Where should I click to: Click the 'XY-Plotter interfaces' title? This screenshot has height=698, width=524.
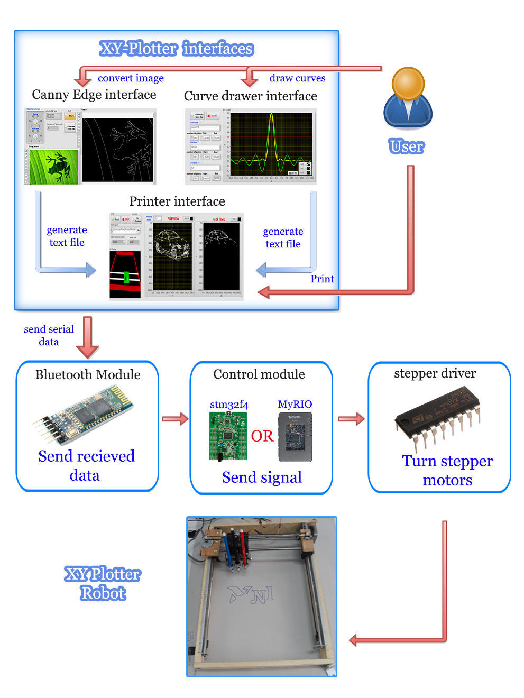(177, 49)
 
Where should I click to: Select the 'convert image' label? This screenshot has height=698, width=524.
(131, 78)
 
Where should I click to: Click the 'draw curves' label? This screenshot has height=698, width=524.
(297, 78)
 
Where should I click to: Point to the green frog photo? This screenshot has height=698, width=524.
(53, 166)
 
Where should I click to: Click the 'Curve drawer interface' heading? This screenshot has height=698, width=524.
(250, 96)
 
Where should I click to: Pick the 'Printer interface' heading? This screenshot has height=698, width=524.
(177, 201)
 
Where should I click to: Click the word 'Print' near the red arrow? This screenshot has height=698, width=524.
(322, 279)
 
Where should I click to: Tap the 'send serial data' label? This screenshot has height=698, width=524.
(49, 335)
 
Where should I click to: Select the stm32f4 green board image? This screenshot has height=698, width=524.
(228, 436)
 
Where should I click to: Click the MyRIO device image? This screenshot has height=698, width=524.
(295, 437)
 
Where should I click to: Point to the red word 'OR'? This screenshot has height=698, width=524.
(262, 436)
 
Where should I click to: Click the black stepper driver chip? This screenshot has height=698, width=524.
(438, 417)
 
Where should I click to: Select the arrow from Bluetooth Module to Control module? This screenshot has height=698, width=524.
(175, 419)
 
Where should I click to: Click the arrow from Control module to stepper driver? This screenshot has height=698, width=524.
(351, 419)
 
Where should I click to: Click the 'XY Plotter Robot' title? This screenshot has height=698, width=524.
(103, 584)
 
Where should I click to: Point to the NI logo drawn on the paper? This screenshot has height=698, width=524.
(252, 595)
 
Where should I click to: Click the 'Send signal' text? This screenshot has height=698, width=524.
(262, 477)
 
